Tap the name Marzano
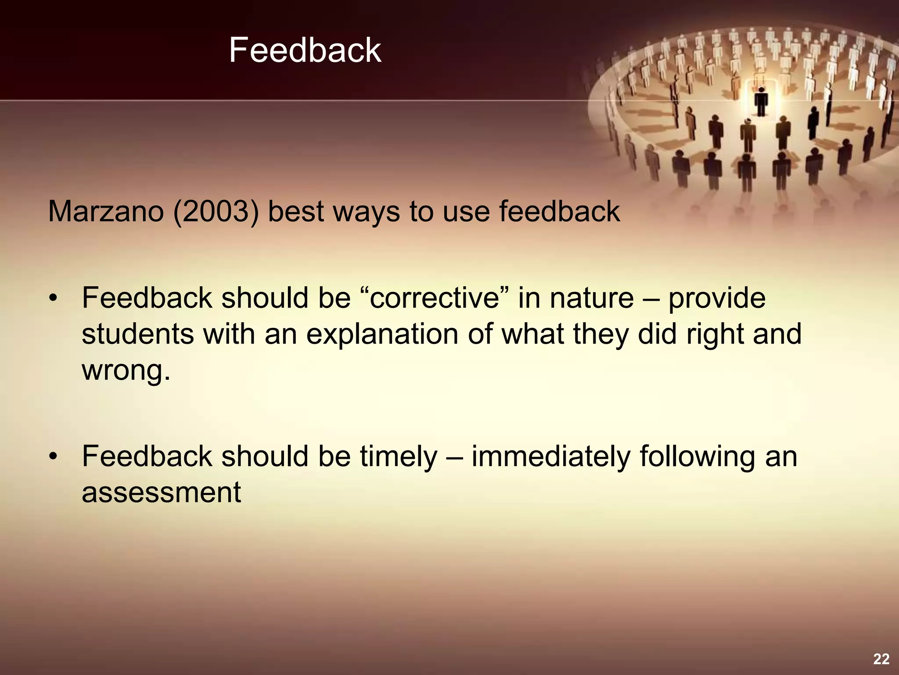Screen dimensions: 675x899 pos(106,212)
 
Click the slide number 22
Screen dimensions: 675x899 pos(881,659)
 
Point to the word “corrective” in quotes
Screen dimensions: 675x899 pos(435,298)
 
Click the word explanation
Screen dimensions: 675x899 pos(382,334)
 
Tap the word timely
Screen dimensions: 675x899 pos(399,457)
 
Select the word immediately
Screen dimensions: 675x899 pos(551,457)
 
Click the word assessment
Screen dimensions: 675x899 pos(161,493)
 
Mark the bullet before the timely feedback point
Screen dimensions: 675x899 pos(53,457)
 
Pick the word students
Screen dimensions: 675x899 pos(137,334)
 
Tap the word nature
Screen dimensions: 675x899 pos(592,298)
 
